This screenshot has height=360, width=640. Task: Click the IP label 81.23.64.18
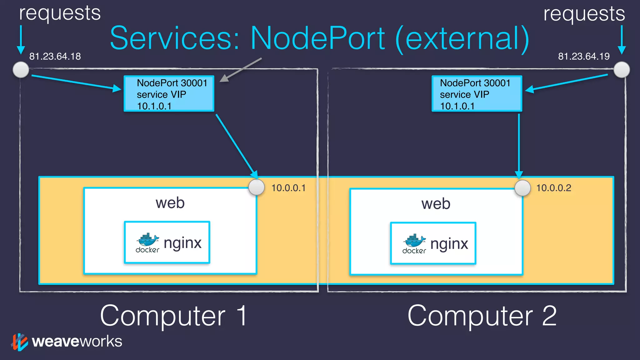click(55, 56)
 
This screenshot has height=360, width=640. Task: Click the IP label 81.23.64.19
click(583, 56)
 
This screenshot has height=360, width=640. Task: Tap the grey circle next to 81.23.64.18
click(21, 69)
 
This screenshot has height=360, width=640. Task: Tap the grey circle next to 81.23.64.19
click(622, 69)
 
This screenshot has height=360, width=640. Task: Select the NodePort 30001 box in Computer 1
click(169, 93)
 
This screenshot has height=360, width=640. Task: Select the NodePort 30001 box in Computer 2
click(477, 93)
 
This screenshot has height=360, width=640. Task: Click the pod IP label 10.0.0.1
click(288, 188)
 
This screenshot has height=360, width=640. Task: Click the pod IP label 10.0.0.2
click(553, 188)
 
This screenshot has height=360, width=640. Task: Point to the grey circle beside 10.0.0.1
click(257, 187)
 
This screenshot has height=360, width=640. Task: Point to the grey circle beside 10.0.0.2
click(522, 188)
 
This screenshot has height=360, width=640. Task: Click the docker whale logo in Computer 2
click(414, 241)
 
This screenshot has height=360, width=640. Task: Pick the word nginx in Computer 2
click(449, 244)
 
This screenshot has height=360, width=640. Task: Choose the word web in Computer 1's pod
click(170, 203)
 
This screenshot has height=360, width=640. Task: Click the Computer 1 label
click(174, 316)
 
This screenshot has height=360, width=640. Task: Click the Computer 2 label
click(482, 316)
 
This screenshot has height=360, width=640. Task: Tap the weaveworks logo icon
click(20, 342)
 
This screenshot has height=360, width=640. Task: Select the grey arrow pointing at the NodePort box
click(241, 70)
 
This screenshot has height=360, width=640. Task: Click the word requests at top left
click(60, 13)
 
